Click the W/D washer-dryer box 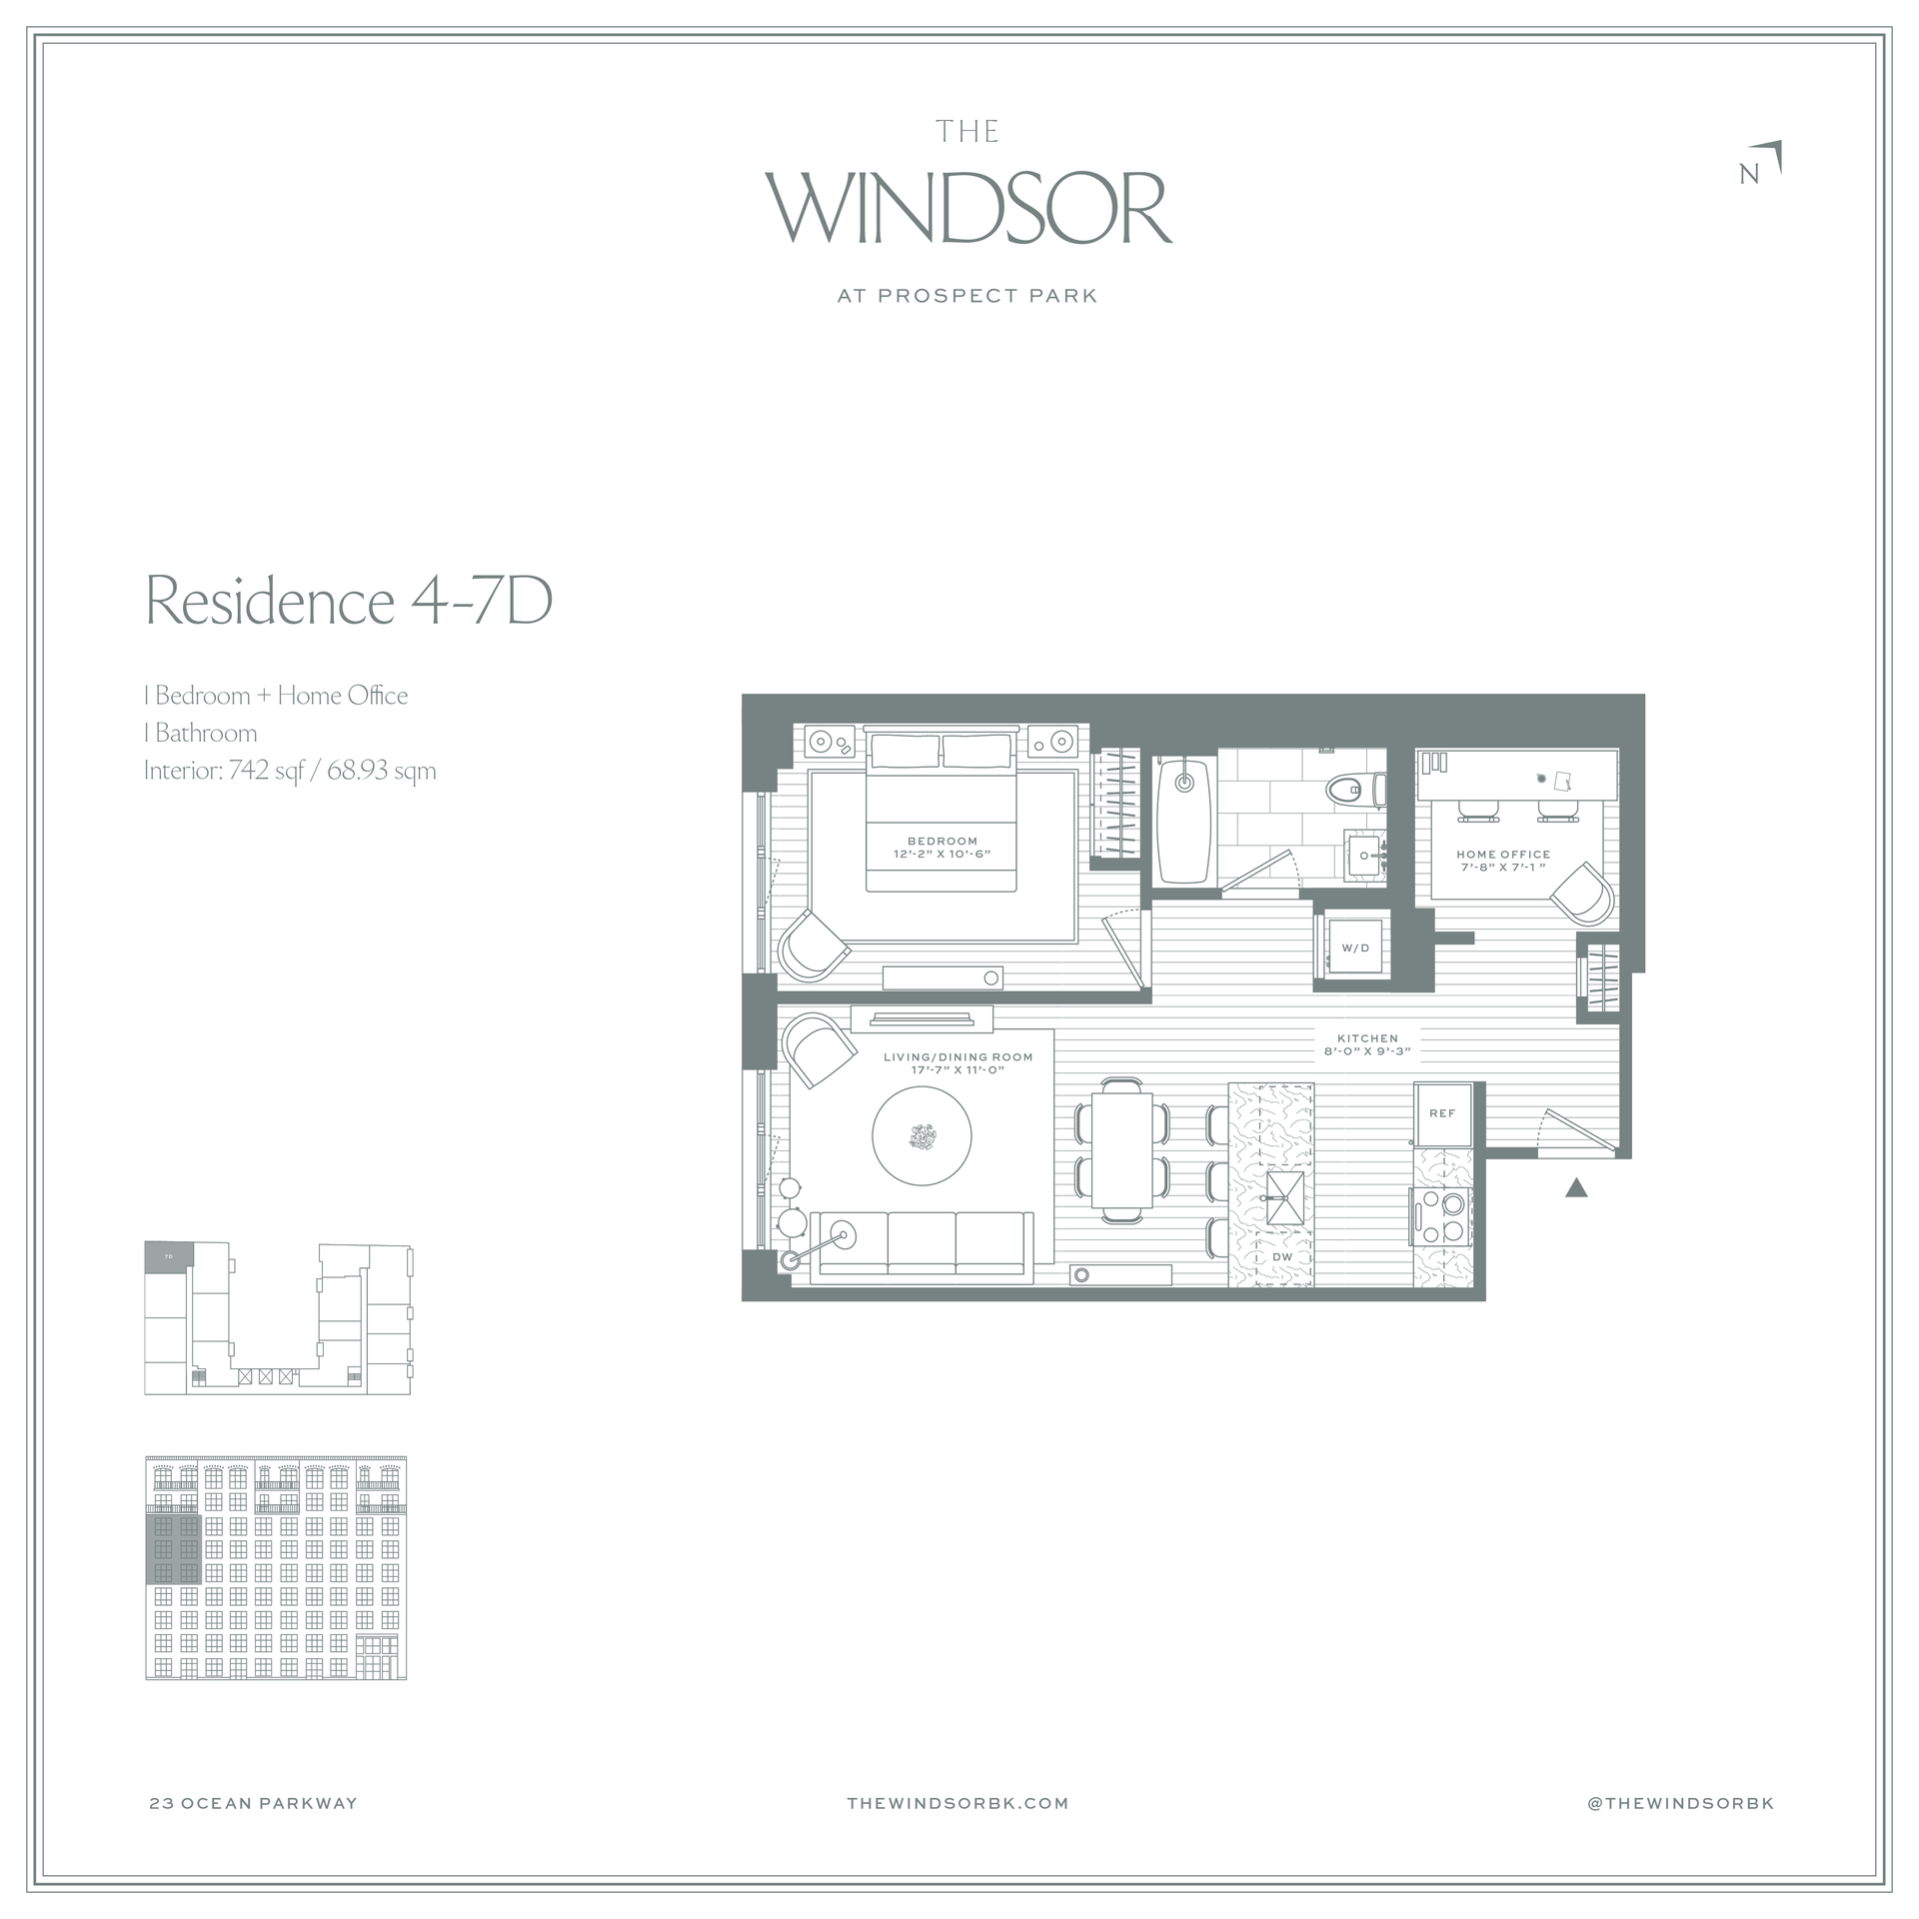click(1355, 948)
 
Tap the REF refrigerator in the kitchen click(1442, 1113)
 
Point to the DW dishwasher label click(1282, 1257)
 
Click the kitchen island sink click(1285, 1198)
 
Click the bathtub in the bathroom click(1185, 821)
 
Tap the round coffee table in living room click(922, 1136)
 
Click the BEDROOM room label click(943, 841)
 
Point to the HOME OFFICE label click(1503, 855)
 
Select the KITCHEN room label click(1367, 1038)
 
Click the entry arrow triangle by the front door click(1576, 1187)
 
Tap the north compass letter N click(1749, 174)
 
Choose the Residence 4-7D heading click(349, 600)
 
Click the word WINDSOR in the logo click(968, 209)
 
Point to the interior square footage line click(290, 771)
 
